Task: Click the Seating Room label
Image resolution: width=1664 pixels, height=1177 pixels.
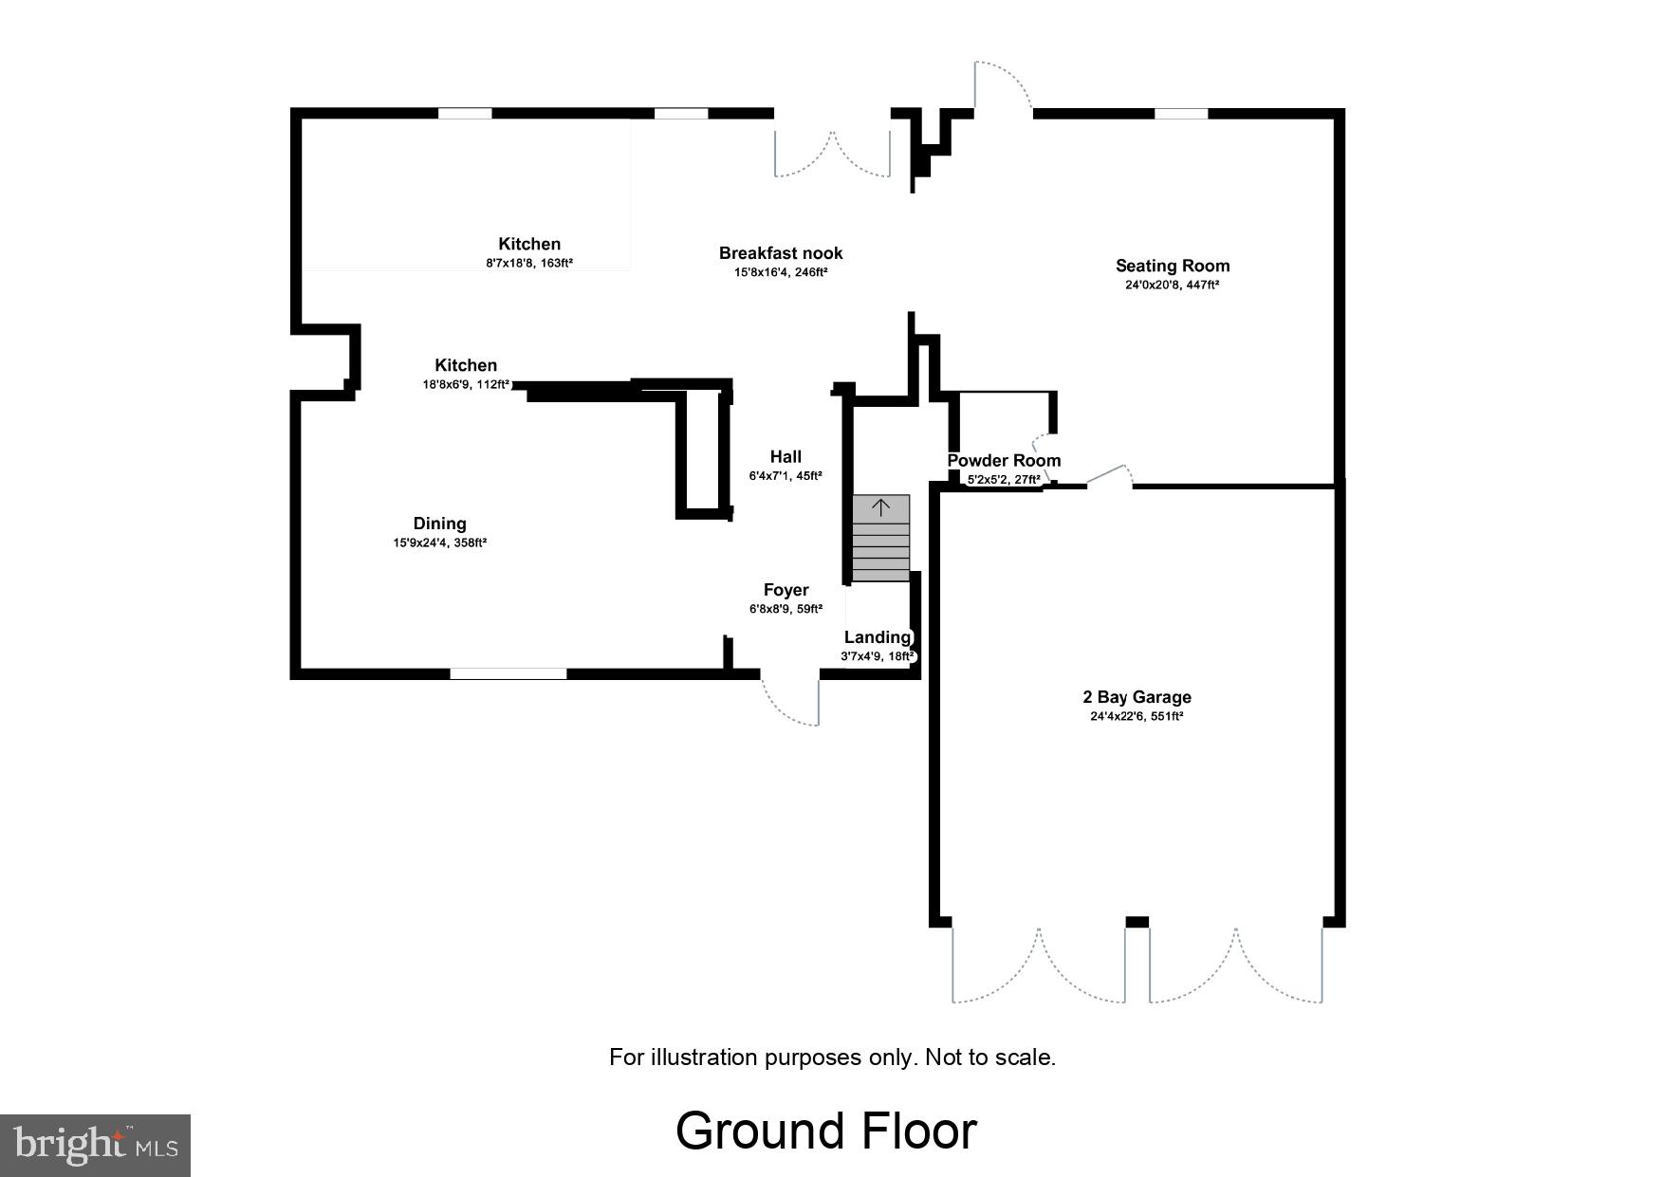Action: pos(1172,266)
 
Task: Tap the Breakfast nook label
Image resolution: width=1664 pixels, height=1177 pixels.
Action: pos(780,252)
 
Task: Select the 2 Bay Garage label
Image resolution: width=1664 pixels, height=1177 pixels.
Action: pos(1137,697)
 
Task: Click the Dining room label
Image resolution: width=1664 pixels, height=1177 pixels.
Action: pos(439,524)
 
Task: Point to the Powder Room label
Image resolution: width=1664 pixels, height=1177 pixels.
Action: pos(1004,461)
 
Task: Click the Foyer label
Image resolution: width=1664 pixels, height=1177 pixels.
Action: pos(786,590)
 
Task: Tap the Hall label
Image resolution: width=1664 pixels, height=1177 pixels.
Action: pos(786,456)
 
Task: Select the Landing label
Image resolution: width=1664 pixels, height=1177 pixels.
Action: pos(877,637)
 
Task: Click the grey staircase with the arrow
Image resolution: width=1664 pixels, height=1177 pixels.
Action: pos(880,538)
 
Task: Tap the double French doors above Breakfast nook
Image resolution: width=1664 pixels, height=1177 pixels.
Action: pos(832,152)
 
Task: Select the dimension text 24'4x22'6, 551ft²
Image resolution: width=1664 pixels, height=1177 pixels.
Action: pos(1137,717)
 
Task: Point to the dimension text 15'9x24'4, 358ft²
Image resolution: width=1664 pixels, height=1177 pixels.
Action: pos(439,543)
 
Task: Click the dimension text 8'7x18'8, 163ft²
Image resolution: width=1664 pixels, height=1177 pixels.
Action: pos(529,264)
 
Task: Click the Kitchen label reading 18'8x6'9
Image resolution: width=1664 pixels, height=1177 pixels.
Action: pos(466,365)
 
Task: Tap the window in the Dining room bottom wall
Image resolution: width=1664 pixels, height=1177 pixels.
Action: pos(508,673)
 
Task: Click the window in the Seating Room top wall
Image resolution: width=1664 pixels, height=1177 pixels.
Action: pos(1180,114)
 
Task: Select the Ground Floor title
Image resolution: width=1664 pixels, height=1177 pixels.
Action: pos(825,1131)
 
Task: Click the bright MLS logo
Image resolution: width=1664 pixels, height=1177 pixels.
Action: pos(95,1145)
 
